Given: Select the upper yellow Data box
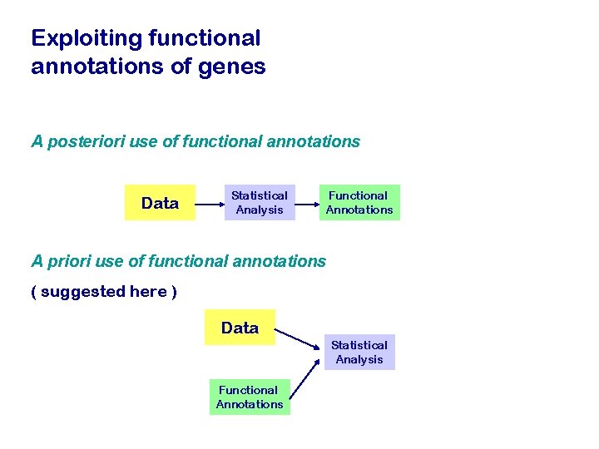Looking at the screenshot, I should tap(160, 203).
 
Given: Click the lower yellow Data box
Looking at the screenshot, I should tap(240, 328).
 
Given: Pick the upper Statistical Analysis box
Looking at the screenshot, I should tap(260, 203).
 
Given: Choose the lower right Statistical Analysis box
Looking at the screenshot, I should tap(359, 353).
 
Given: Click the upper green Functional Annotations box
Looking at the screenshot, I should tap(359, 203).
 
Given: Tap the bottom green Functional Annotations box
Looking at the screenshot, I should tap(250, 397).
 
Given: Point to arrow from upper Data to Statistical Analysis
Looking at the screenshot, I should tap(210, 203).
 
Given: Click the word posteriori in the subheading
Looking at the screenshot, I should tap(87, 142).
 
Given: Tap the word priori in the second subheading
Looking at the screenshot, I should tap(69, 261).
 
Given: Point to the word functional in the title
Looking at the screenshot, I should tap(203, 38).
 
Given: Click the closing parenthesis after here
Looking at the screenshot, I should tap(174, 292).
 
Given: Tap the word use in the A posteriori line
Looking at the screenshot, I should tap(143, 142).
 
